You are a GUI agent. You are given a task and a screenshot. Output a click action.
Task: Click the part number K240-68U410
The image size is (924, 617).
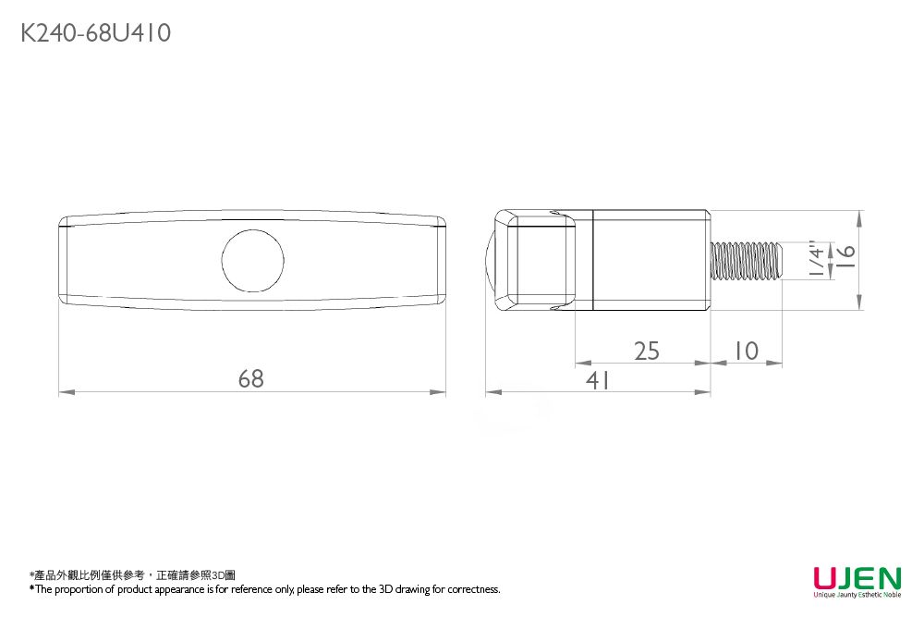tap(95, 33)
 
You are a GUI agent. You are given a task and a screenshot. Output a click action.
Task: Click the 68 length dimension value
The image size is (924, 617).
tap(250, 378)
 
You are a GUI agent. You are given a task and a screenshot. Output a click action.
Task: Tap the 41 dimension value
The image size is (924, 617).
tap(598, 379)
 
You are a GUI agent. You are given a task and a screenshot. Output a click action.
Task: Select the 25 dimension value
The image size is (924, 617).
tap(648, 351)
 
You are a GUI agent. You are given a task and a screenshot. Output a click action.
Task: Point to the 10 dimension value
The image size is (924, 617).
tap(745, 351)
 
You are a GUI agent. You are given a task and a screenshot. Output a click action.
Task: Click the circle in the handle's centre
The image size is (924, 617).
tap(252, 258)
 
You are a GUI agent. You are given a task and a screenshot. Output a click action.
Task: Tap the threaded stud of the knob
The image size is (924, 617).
tap(747, 260)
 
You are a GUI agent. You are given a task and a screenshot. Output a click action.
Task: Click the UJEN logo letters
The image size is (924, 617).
tap(857, 579)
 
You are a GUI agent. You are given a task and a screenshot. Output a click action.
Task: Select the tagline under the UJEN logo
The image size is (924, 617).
tap(857, 596)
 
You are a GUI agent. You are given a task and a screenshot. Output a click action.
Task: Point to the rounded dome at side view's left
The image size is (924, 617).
tap(490, 260)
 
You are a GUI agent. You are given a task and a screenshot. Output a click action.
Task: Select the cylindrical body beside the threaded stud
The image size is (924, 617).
tap(650, 260)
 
